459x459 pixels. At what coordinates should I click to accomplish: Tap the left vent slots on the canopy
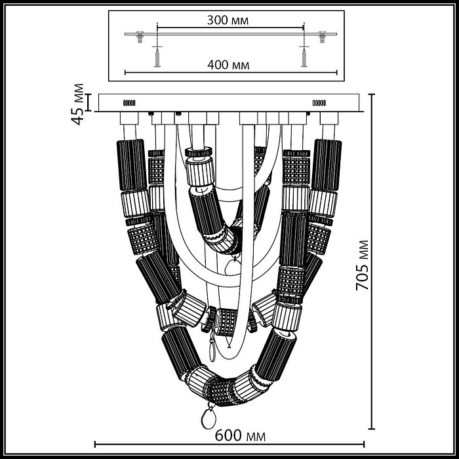(129, 103)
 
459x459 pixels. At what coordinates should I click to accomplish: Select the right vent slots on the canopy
(319, 103)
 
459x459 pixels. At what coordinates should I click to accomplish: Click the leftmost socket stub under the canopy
(129, 119)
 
